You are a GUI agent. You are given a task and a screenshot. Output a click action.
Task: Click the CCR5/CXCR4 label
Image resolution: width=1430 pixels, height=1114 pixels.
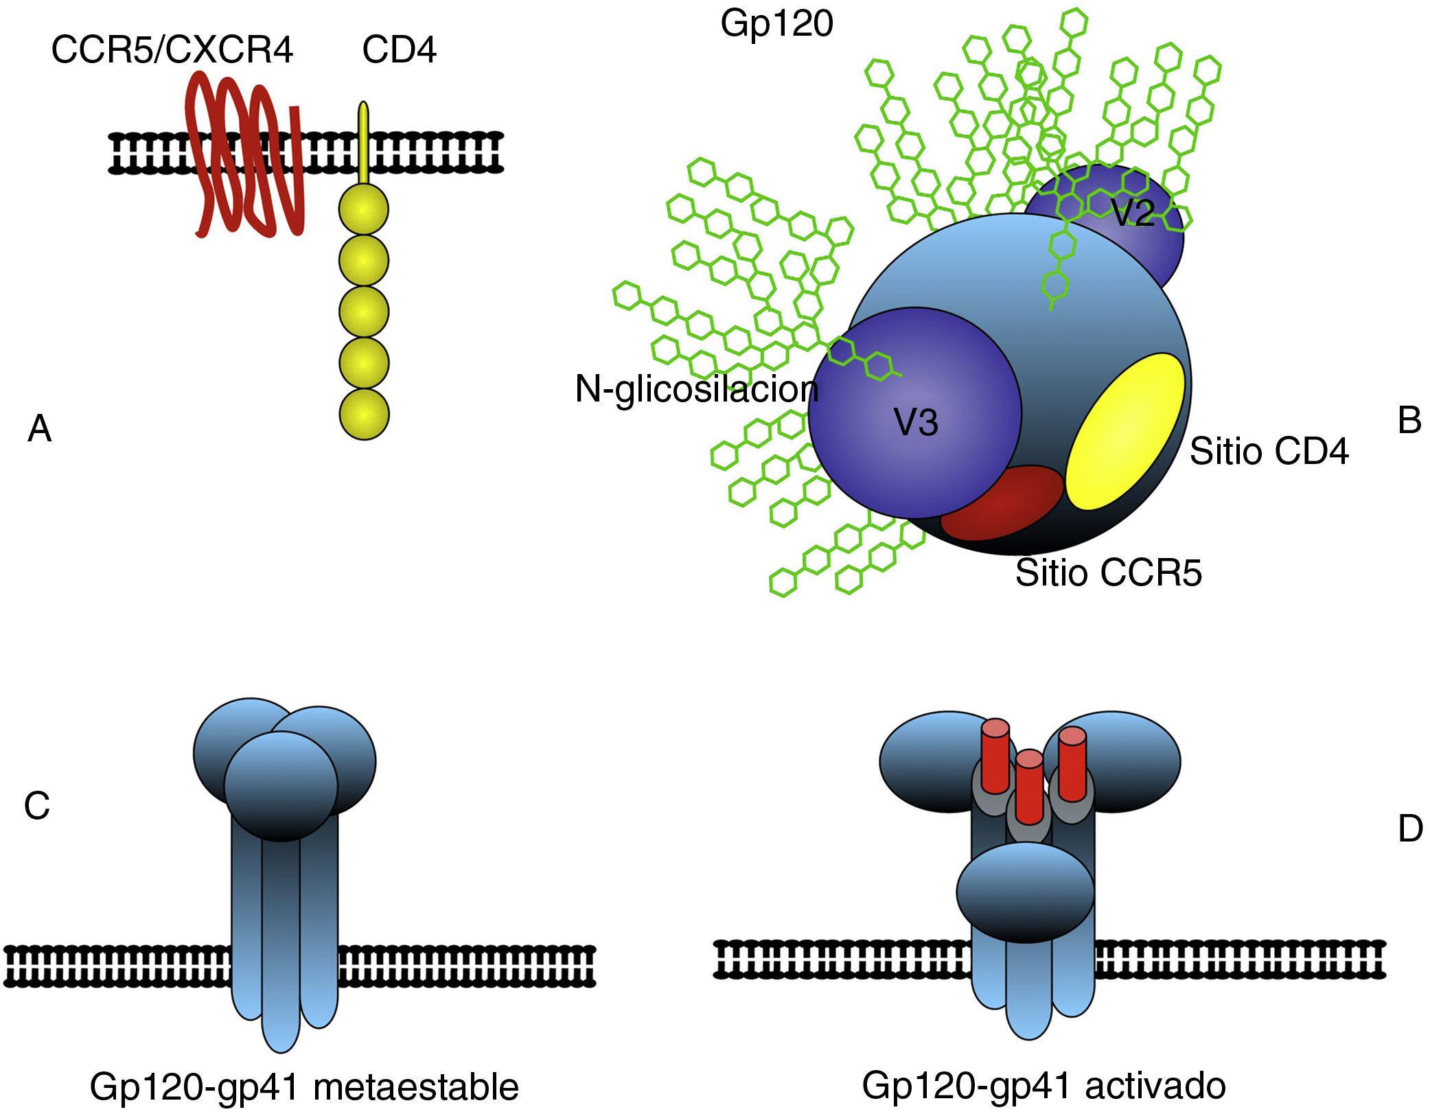[x=172, y=51]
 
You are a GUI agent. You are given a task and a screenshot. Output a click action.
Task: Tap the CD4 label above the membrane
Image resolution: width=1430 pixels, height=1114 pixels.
[x=399, y=51]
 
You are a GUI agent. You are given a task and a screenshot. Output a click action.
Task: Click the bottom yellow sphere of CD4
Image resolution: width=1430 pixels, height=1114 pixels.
[x=364, y=415]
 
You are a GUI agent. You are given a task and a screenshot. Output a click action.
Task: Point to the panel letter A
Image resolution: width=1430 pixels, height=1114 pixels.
[x=40, y=430]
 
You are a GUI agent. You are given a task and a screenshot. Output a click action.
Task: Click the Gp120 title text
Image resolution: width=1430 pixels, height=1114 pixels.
[x=776, y=24]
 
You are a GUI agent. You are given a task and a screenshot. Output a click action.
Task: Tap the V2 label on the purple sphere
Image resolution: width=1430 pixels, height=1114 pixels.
[x=1132, y=215]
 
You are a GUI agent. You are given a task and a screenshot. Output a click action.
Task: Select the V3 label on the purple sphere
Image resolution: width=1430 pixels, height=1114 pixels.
[x=916, y=423]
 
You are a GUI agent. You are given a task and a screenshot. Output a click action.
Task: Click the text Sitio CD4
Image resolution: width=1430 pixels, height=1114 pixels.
[x=1269, y=452]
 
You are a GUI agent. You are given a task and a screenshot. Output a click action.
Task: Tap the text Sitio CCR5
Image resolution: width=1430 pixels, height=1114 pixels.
[x=1109, y=573]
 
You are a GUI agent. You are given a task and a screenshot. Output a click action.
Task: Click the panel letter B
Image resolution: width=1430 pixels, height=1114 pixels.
[x=1409, y=421]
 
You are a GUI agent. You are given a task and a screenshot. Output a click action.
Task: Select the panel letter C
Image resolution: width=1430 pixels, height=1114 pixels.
[x=37, y=806]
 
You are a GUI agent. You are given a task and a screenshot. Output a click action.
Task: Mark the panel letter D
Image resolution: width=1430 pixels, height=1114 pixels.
[x=1410, y=830]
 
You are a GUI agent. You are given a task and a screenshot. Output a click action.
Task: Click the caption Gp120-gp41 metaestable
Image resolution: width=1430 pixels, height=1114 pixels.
[x=304, y=1087]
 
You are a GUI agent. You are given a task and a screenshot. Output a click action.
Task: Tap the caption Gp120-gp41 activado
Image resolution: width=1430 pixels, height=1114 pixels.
[x=1043, y=1086]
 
